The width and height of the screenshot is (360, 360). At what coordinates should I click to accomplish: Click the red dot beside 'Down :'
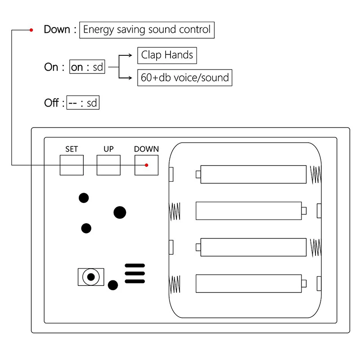31,30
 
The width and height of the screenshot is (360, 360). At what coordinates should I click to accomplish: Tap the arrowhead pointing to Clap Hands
130,55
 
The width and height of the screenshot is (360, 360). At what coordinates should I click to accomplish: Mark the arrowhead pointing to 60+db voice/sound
130,78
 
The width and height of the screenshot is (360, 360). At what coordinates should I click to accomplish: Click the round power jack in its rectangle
91,277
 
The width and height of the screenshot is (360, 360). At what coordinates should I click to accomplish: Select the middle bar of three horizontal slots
135,274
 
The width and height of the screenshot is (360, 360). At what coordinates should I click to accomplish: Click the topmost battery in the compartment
251,174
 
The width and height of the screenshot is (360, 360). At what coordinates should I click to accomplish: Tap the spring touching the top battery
316,175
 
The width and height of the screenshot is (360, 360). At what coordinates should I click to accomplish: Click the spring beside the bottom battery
175,284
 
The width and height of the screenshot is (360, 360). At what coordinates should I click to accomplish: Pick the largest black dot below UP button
120,212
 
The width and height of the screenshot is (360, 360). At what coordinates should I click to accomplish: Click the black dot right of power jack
113,285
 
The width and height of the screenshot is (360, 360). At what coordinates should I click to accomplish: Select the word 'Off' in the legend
51,103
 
